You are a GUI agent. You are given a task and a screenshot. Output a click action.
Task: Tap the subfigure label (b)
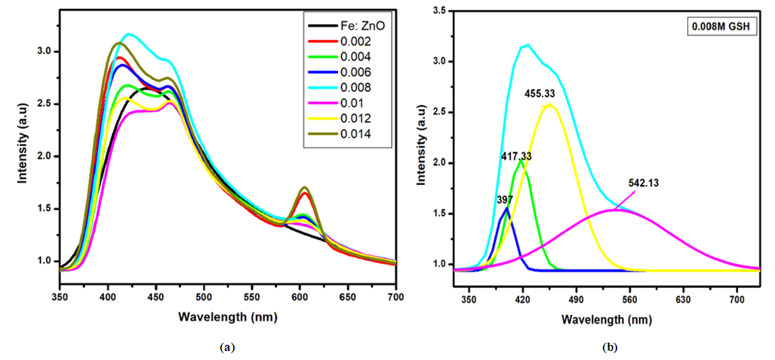pyautogui.click(x=610, y=347)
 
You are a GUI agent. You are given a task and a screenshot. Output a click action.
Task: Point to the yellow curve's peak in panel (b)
pyautogui.click(x=549, y=105)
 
